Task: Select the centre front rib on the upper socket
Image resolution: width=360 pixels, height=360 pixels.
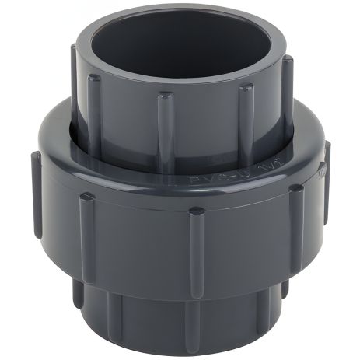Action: pyautogui.click(x=165, y=121)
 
